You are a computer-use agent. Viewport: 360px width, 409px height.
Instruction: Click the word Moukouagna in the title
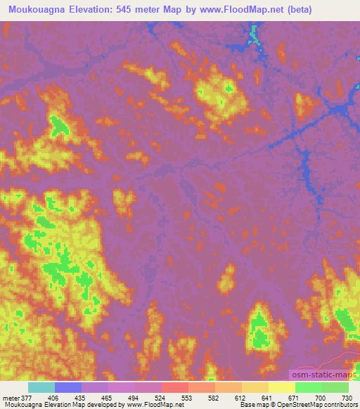click(x=34, y=9)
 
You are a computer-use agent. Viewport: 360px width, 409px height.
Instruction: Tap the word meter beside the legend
click(x=10, y=398)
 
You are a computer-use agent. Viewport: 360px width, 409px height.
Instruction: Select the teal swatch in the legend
click(x=41, y=387)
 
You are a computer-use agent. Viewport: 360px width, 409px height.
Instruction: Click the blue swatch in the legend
click(x=68, y=387)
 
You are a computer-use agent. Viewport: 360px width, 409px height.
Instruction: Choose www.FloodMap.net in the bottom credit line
click(x=150, y=405)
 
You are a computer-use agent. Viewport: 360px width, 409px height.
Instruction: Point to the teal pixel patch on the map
click(x=255, y=34)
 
